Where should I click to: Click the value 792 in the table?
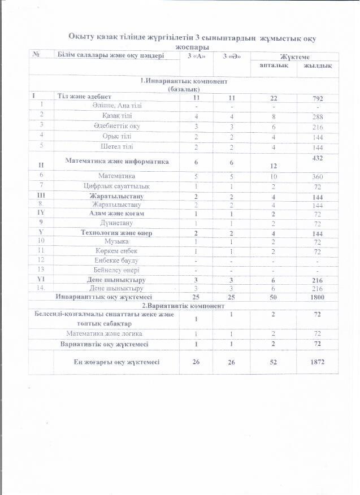tap(318, 98)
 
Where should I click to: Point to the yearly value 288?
tap(318, 116)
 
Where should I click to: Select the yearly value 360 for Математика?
tap(318, 176)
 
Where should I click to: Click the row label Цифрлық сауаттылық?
tap(118, 186)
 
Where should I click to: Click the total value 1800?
tap(318, 296)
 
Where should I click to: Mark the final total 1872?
tap(318, 362)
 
